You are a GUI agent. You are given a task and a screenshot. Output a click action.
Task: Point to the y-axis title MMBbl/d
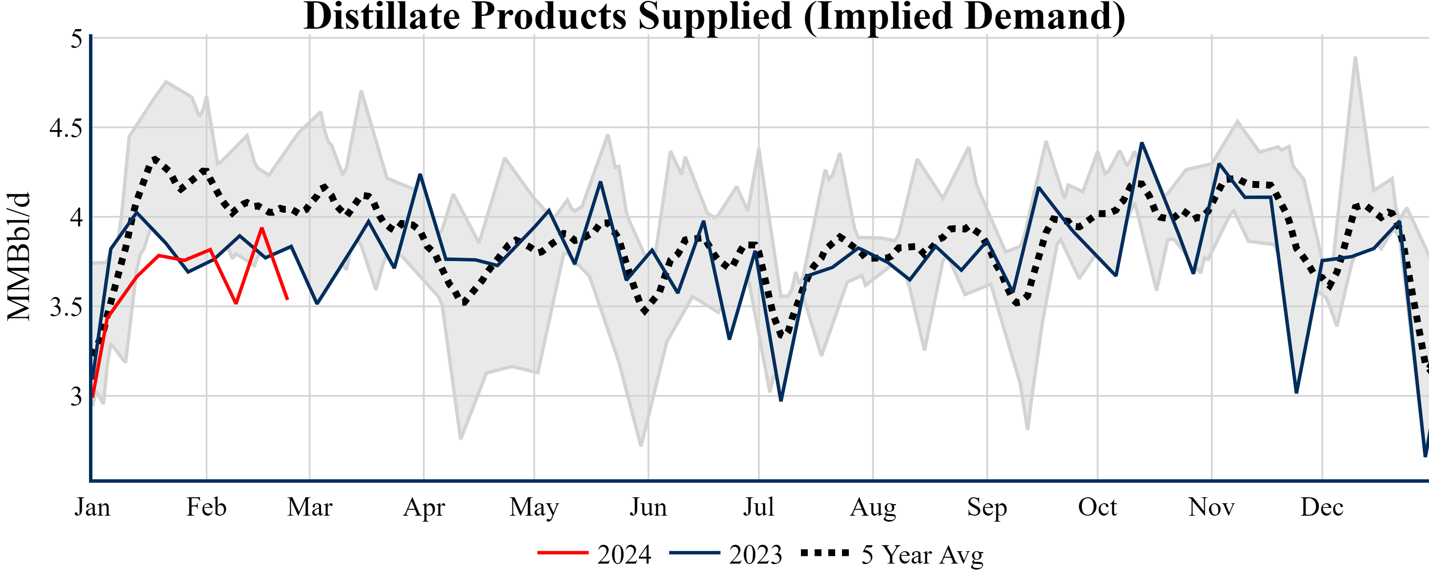coord(19,256)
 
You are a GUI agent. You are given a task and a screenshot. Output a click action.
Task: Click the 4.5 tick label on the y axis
coord(65,128)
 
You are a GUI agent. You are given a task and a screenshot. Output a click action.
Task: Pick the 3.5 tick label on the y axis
coord(65,307)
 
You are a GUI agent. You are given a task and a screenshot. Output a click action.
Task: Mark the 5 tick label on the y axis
coord(76,39)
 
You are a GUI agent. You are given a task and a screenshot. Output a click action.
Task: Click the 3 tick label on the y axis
coord(76,396)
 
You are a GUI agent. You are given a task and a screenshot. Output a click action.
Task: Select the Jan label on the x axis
coord(92,507)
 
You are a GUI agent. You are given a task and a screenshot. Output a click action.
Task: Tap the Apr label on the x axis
coord(424,507)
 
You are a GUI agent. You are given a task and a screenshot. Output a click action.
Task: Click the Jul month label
coord(758,507)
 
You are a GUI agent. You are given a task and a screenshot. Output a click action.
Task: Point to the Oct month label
coord(1097,507)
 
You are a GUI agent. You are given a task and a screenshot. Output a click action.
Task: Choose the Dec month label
coord(1322,507)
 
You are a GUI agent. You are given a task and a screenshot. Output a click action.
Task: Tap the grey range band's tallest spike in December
coord(1355,57)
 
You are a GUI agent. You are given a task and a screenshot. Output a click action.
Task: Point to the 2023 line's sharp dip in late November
coord(1296,392)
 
